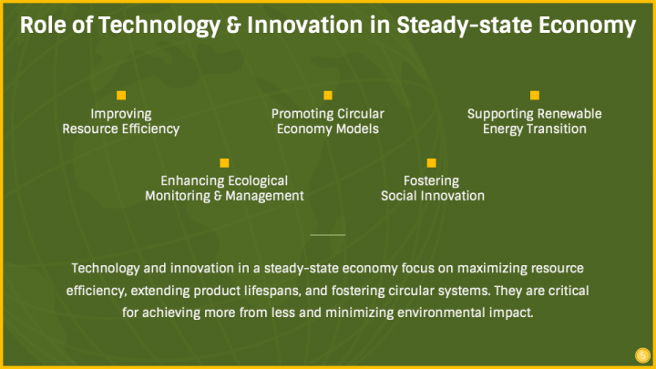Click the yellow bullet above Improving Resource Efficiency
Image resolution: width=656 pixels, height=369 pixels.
(121, 96)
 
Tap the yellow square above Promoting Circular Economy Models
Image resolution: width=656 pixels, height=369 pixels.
(328, 96)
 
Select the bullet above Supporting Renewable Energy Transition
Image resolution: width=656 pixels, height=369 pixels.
(535, 96)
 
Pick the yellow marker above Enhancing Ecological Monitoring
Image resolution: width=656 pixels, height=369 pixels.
(224, 163)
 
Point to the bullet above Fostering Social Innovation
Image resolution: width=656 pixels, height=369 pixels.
(431, 163)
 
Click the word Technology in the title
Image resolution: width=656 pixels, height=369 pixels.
(159, 26)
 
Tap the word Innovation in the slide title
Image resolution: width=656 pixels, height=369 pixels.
(305, 26)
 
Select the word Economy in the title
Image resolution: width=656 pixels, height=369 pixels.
(587, 26)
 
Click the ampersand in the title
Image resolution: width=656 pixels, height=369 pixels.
(233, 26)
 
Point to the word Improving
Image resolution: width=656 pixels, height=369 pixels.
(121, 114)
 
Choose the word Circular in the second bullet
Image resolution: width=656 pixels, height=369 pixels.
(361, 114)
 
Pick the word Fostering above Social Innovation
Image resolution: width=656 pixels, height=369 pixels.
(431, 180)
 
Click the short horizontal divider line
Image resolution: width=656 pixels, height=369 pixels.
(328, 235)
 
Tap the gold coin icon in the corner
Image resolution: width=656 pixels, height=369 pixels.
(642, 355)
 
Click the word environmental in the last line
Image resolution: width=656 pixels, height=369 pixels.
(437, 313)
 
